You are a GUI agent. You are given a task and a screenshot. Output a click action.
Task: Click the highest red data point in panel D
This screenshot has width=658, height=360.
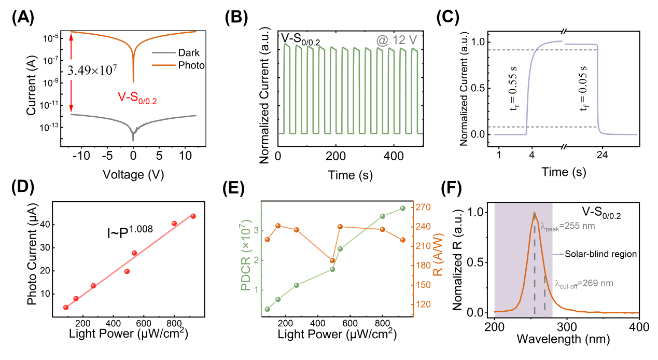(193, 216)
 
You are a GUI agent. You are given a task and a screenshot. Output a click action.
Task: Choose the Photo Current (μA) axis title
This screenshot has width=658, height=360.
(32, 260)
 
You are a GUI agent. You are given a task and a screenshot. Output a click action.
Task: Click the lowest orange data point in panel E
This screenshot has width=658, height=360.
(332, 260)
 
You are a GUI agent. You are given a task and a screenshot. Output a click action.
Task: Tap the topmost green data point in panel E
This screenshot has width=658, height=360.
(402, 209)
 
